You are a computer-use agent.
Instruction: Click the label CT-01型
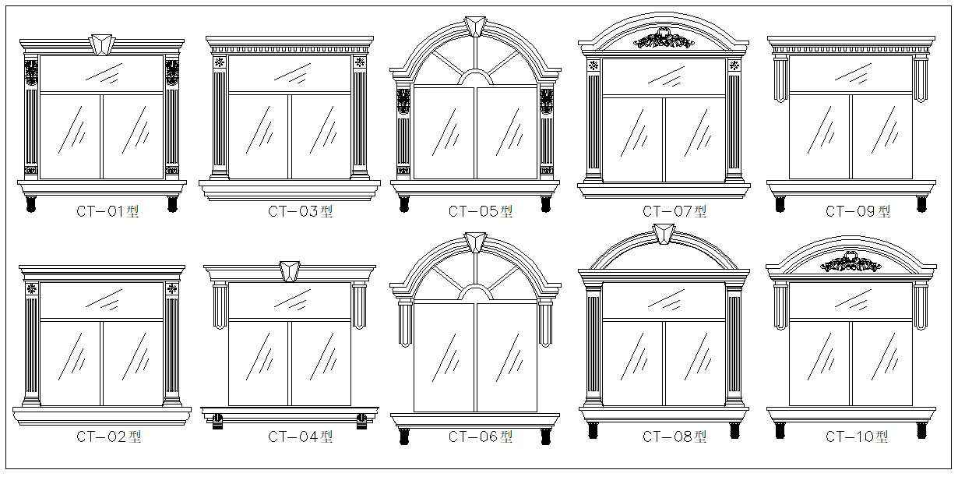pyautogui.click(x=107, y=211)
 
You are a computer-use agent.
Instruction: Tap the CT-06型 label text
pyautogui.click(x=481, y=436)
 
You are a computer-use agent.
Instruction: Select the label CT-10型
pyautogui.click(x=857, y=436)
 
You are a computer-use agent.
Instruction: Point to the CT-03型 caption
pyautogui.click(x=300, y=211)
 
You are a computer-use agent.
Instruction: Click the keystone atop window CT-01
pyautogui.click(x=102, y=44)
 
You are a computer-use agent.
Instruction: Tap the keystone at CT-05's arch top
pyautogui.click(x=475, y=26)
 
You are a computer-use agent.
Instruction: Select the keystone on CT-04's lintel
pyautogui.click(x=290, y=271)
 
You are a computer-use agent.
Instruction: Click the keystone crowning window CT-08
pyautogui.click(x=664, y=234)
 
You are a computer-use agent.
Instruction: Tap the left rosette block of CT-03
pyautogui.click(x=220, y=62)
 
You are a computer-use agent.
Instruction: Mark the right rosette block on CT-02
pyautogui.click(x=172, y=289)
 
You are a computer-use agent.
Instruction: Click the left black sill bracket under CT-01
pyautogui.click(x=31, y=204)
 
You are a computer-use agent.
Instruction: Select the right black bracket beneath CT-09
pyautogui.click(x=921, y=204)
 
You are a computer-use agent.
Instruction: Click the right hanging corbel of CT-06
pyautogui.click(x=545, y=323)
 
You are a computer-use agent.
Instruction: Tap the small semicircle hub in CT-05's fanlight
pyautogui.click(x=475, y=77)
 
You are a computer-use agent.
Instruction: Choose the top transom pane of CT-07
pyautogui.click(x=664, y=77)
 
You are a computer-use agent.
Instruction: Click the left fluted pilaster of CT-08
pyautogui.click(x=594, y=346)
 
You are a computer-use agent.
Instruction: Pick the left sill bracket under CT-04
pyautogui.click(x=217, y=422)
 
